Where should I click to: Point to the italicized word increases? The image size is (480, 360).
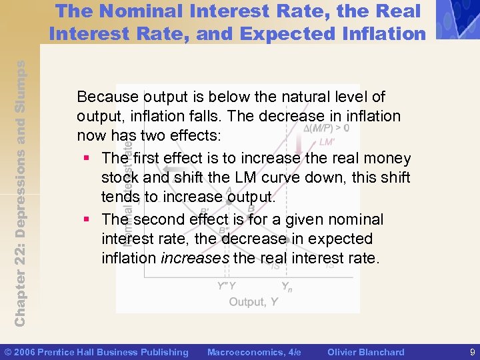(195, 257)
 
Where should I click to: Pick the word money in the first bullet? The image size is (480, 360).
(389, 159)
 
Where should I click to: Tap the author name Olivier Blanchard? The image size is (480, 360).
(366, 352)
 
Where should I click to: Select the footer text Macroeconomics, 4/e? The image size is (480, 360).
(254, 352)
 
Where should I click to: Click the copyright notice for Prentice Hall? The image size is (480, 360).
(97, 352)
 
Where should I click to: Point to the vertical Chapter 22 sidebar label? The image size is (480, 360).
(20, 193)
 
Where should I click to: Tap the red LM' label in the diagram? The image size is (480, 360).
(327, 142)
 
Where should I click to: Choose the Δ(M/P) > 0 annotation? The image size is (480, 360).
(326, 128)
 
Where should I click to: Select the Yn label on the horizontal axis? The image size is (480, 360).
(286, 286)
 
